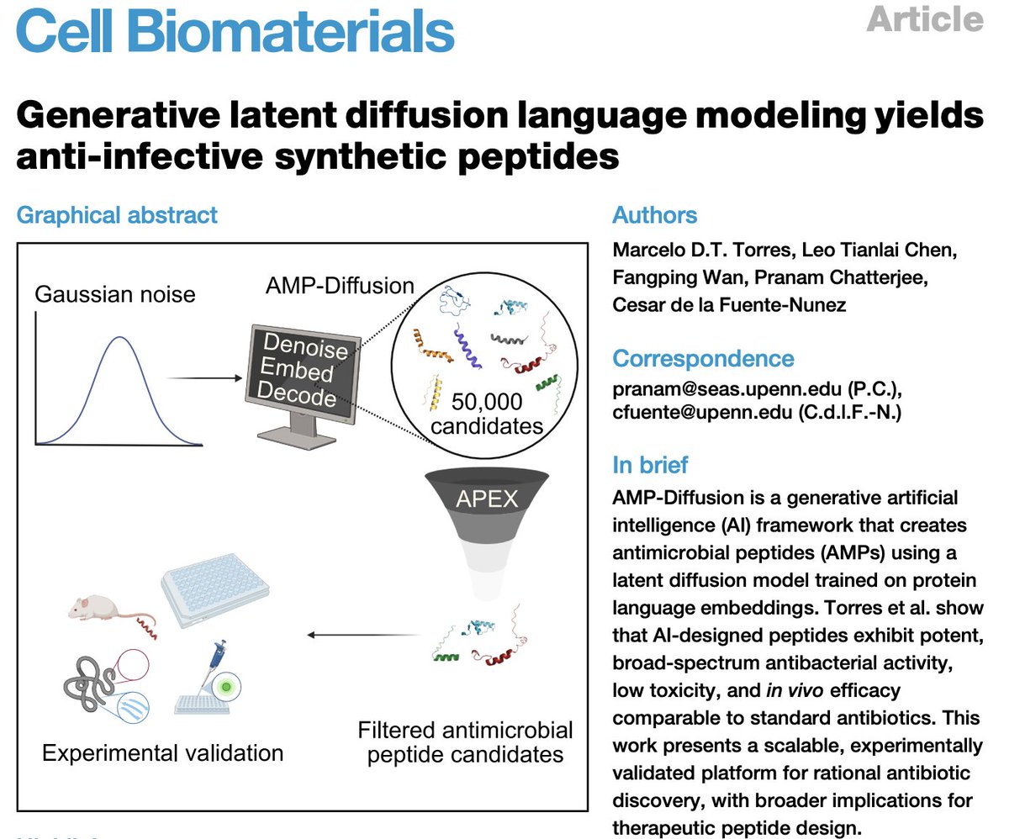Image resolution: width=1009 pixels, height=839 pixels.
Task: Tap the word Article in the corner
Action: tap(925, 18)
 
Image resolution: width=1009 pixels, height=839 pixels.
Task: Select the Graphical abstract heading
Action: tap(117, 214)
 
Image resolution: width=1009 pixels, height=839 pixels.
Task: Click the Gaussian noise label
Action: tap(115, 294)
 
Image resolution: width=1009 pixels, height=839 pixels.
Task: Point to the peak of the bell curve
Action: tap(119, 338)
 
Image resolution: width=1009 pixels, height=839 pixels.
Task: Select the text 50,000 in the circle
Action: tap(487, 400)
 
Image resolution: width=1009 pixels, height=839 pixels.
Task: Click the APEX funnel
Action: tap(487, 521)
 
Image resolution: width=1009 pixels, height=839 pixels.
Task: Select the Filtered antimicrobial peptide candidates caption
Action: tap(465, 741)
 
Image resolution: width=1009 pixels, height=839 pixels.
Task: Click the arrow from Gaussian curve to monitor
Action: tap(205, 377)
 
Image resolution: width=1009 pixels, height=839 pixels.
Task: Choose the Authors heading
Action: tap(654, 214)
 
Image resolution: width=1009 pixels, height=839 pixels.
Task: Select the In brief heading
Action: tap(650, 464)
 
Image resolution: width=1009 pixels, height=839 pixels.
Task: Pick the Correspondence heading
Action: tap(702, 358)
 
